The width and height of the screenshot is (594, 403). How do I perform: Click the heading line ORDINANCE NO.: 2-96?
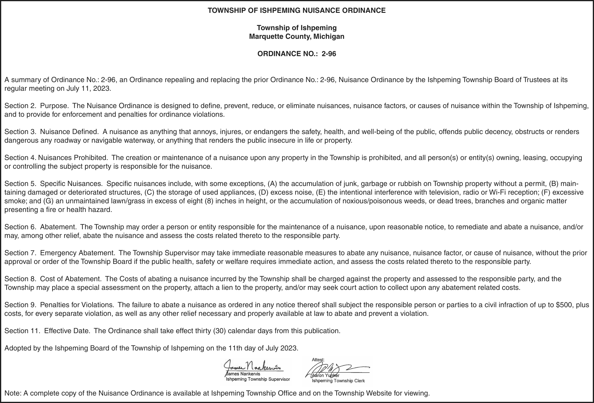[297, 54]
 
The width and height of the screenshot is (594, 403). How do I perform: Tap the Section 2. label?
[21, 106]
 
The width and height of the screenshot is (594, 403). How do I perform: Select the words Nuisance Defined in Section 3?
[69, 132]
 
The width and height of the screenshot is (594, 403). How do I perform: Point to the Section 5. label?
[21, 184]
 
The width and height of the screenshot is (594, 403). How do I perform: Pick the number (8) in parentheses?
[209, 201]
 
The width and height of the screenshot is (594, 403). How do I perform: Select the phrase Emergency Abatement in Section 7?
[78, 253]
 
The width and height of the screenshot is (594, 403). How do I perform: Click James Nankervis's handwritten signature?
[252, 366]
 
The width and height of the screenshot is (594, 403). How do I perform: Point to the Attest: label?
[318, 360]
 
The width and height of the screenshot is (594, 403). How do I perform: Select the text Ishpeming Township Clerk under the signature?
[338, 381]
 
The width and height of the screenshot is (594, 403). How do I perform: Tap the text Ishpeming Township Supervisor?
[258, 379]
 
